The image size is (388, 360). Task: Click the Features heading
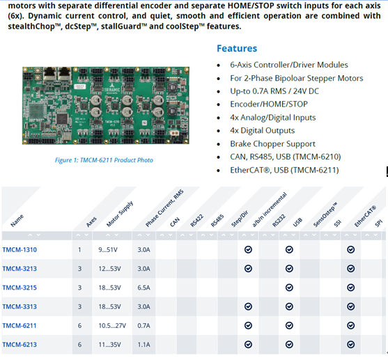pyautogui.click(x=237, y=49)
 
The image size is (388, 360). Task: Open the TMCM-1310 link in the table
pyautogui.click(x=20, y=250)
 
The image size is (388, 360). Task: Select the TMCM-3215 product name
pyautogui.click(x=20, y=288)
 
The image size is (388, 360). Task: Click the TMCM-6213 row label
pyautogui.click(x=20, y=345)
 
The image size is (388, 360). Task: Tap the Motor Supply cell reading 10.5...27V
pyautogui.click(x=112, y=326)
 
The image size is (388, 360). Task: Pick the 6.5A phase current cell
pyautogui.click(x=143, y=288)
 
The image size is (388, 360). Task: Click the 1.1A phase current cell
pyautogui.click(x=143, y=345)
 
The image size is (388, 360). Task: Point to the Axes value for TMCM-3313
pyautogui.click(x=79, y=306)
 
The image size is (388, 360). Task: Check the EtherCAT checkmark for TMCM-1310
pyautogui.click(x=350, y=250)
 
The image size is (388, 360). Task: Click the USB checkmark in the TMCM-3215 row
pyautogui.click(x=289, y=288)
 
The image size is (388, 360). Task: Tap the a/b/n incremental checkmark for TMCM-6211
pyautogui.click(x=248, y=326)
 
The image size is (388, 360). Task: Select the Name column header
pyautogui.click(x=17, y=221)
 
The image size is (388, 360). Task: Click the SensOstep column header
pyautogui.click(x=325, y=214)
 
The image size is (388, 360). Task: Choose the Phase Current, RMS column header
pyautogui.click(x=164, y=208)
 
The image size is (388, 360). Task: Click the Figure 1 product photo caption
pyautogui.click(x=104, y=160)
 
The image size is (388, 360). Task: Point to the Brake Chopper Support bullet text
pyautogui.click(x=272, y=143)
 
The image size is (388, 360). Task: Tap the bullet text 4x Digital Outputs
pyautogui.click(x=263, y=130)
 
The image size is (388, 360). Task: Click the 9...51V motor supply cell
pyautogui.click(x=108, y=250)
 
